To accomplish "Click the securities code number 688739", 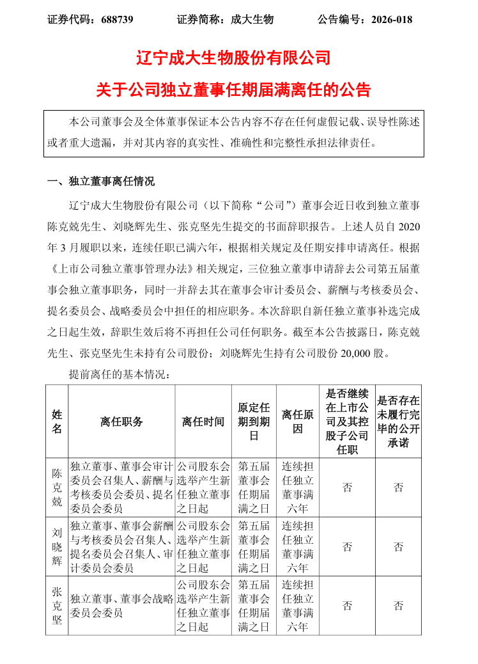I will point(117,19).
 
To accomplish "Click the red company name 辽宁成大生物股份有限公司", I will point(233,59).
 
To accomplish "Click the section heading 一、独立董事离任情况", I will point(102,182).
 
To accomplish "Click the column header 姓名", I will point(56,422).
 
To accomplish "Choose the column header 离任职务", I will point(121,422).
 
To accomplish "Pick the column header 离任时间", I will point(203,422).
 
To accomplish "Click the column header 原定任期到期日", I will point(254,422).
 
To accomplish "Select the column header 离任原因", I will point(298,422).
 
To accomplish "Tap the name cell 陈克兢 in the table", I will point(56,487).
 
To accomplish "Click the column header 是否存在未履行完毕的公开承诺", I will point(398,422).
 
